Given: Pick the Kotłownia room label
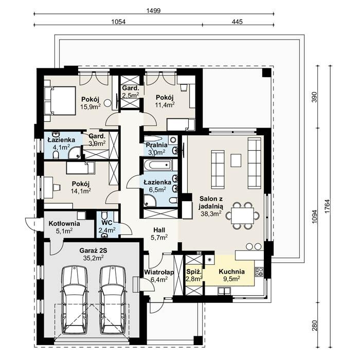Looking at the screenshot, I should point(64,224).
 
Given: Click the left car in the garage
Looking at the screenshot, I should point(75,301).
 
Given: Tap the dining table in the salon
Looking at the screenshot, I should point(242,215).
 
